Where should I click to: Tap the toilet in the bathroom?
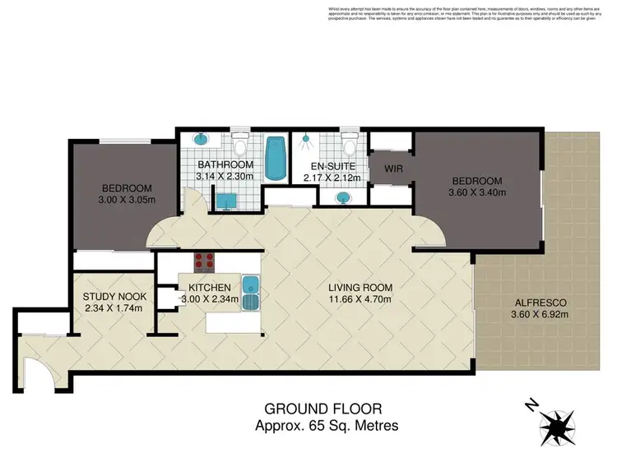tap(240, 146)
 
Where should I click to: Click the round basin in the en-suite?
tap(342, 197)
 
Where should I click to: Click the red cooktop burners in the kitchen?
tap(203, 263)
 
